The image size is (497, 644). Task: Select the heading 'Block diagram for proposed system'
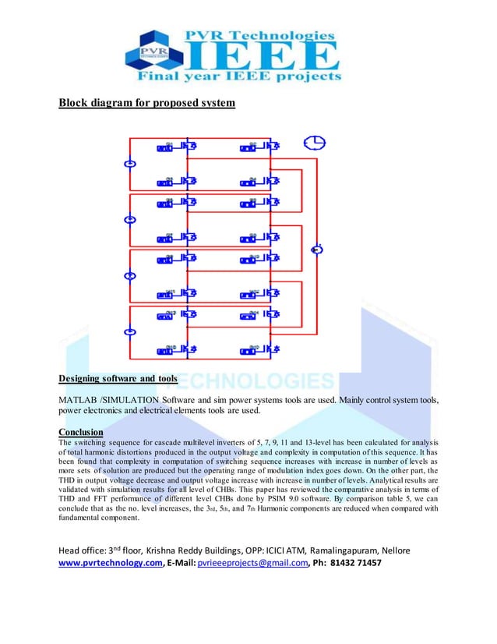(x=146, y=104)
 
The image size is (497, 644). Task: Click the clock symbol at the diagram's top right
(x=315, y=143)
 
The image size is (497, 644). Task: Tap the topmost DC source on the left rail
(x=130, y=164)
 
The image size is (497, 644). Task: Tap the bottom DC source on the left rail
(x=131, y=331)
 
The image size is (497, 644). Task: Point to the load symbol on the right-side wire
(x=316, y=249)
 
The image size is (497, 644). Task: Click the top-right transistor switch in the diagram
(x=272, y=146)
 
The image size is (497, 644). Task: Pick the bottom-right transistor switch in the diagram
(x=272, y=349)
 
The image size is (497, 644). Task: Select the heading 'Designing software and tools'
(x=118, y=380)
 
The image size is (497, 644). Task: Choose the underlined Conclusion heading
(x=81, y=432)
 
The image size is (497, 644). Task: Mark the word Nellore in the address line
(x=392, y=550)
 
